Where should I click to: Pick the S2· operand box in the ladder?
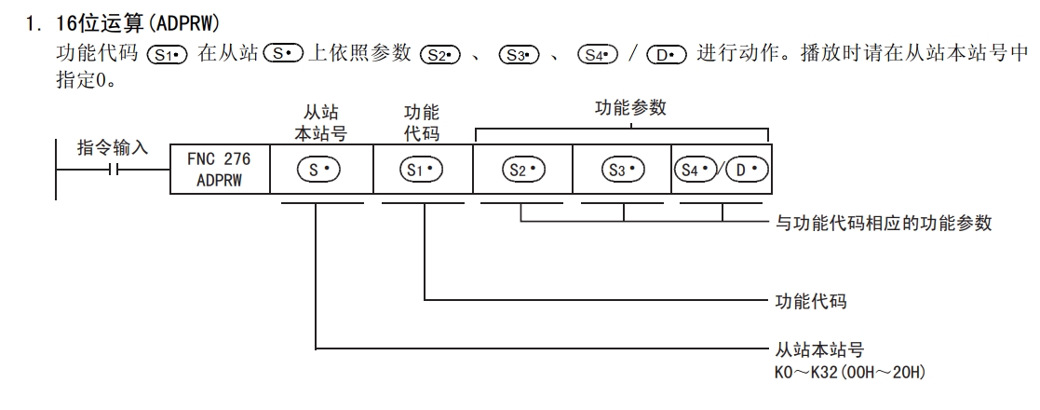point(522,169)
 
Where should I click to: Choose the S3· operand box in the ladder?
point(621,169)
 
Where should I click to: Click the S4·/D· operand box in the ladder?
point(721,169)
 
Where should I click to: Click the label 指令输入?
point(112,149)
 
